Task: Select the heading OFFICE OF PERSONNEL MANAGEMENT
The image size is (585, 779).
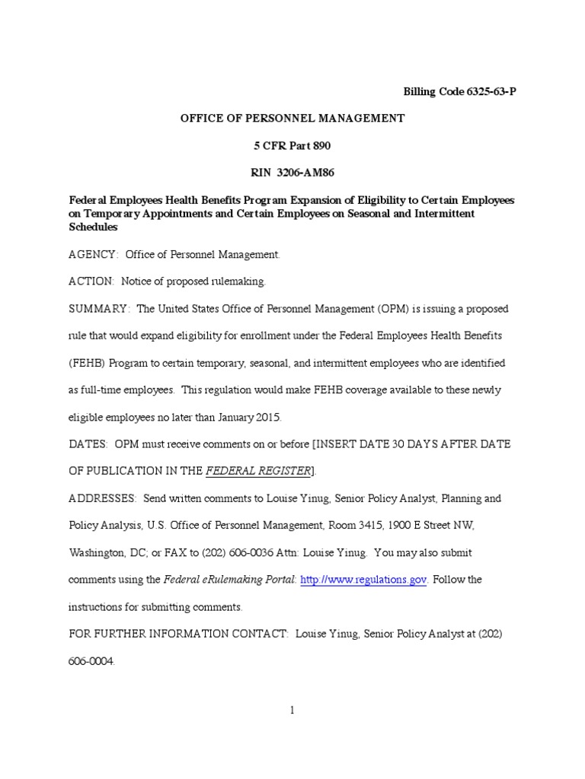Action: [292, 118]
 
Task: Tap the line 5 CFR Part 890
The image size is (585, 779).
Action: [292, 145]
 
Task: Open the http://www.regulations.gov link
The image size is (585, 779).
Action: [363, 580]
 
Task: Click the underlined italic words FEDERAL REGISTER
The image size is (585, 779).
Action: [258, 471]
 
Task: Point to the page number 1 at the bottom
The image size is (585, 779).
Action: [292, 711]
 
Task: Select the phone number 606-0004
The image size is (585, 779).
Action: [91, 661]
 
